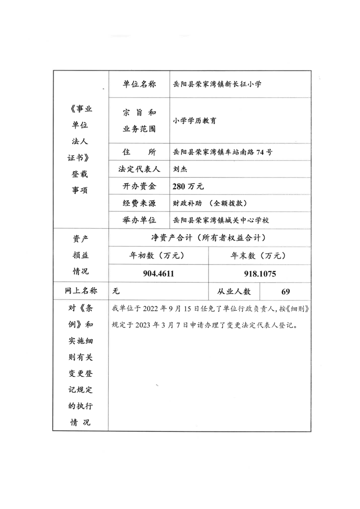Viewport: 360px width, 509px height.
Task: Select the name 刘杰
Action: click(x=180, y=169)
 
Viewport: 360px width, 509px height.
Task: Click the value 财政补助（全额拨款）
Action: click(x=209, y=203)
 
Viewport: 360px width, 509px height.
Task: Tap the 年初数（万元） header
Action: click(x=157, y=255)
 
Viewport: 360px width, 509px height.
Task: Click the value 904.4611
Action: click(x=159, y=274)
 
